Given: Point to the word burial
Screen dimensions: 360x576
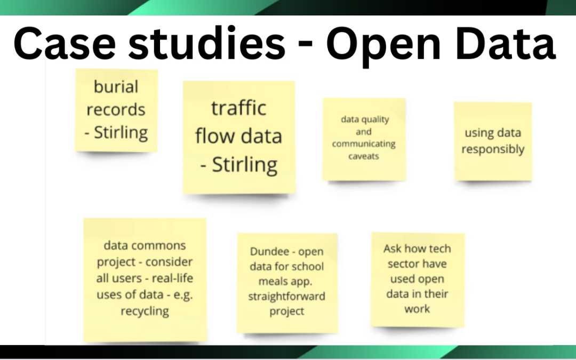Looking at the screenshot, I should coord(116,87).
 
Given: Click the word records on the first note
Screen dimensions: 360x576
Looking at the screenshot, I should coord(116,110).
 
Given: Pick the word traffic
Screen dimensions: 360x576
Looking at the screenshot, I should coord(238,108).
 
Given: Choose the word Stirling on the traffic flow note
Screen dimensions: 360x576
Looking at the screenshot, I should coord(245,164).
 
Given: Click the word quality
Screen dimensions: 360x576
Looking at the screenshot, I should coord(377,119).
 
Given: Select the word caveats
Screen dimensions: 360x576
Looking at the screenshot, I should coord(364,156).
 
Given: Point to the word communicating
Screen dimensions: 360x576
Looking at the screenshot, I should coord(364,144).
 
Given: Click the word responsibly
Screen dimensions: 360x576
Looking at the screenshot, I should coord(493,149).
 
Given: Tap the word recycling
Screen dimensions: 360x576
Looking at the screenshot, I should coord(145,311).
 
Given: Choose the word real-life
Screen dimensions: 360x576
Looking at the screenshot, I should coord(172,278).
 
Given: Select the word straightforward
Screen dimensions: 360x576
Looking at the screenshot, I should coord(286,297).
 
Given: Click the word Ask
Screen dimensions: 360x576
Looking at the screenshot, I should coord(393,249).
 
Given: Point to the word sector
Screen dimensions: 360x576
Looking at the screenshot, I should coord(402,263).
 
